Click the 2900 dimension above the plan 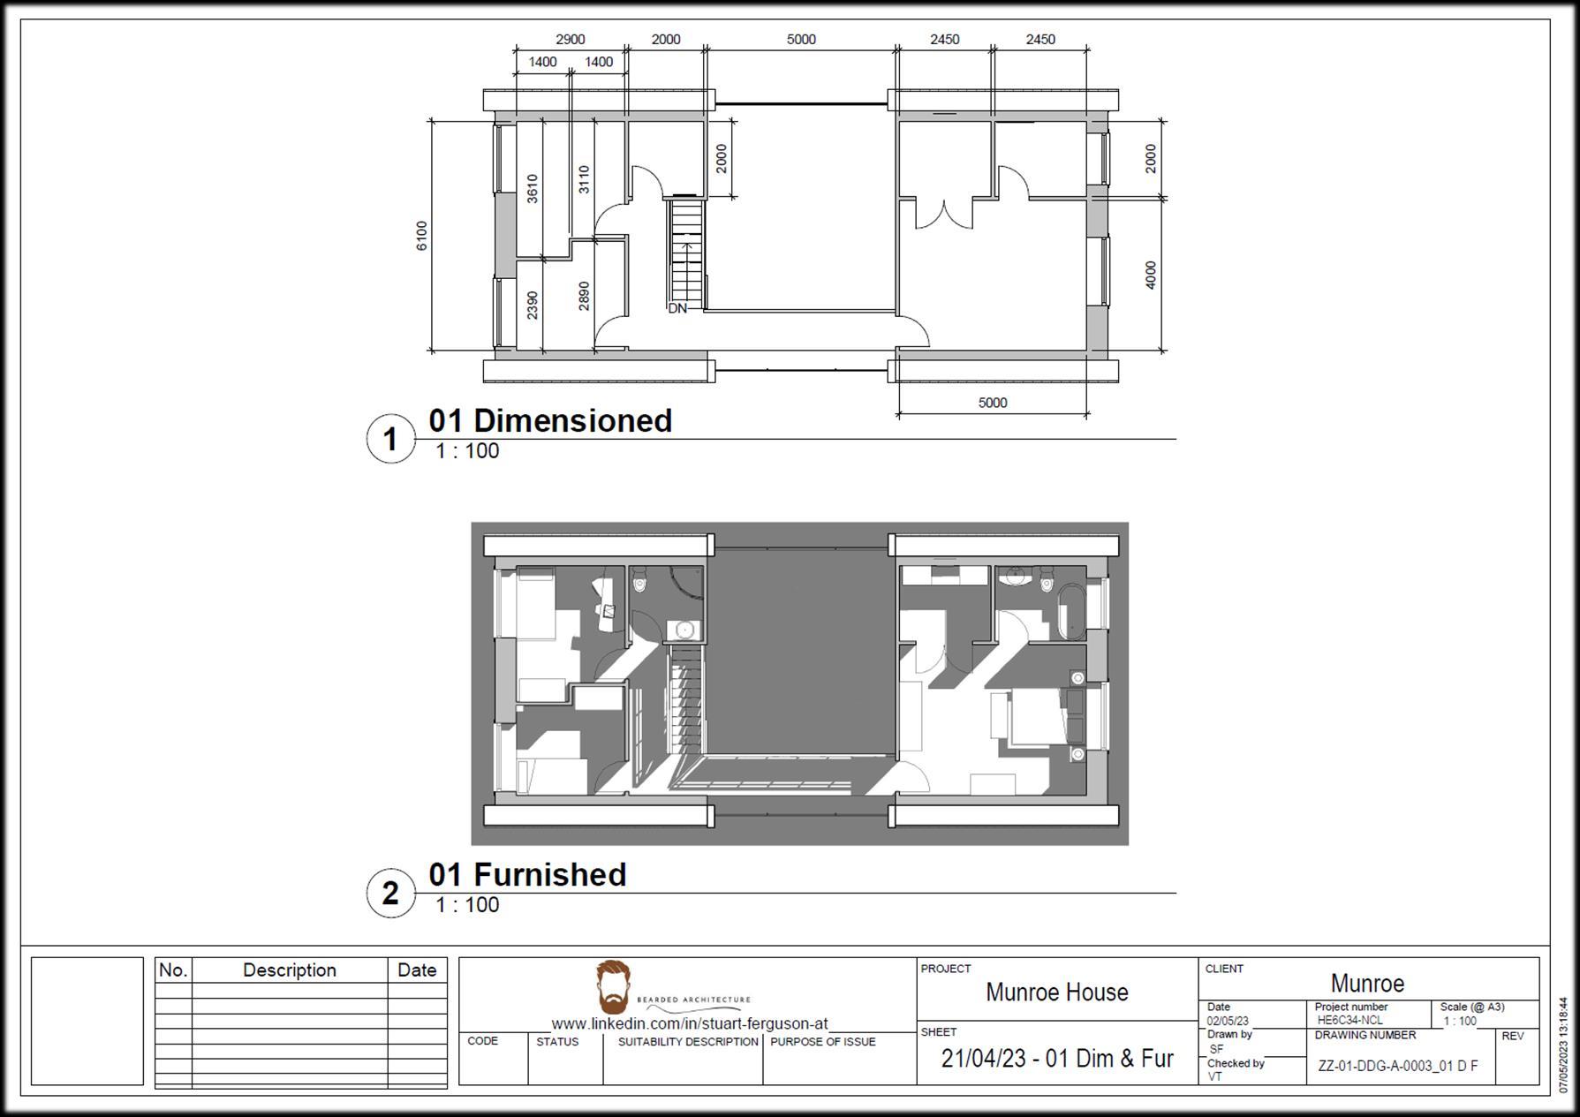click(570, 40)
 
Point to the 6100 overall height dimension click(421, 235)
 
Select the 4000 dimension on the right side click(1150, 274)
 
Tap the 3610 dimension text click(532, 188)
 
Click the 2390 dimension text click(532, 305)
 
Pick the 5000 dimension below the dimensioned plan click(992, 403)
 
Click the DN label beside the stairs click(677, 308)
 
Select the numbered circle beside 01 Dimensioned click(390, 439)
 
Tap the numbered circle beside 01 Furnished click(390, 893)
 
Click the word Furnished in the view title click(549, 874)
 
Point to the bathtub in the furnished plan click(1070, 610)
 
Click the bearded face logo click(613, 986)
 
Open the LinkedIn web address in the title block click(690, 1023)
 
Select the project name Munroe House click(1056, 992)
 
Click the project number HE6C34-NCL click(1349, 1020)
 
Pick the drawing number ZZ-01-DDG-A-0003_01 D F click(1397, 1066)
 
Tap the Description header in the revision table click(289, 970)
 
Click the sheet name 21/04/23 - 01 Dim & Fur click(1056, 1058)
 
